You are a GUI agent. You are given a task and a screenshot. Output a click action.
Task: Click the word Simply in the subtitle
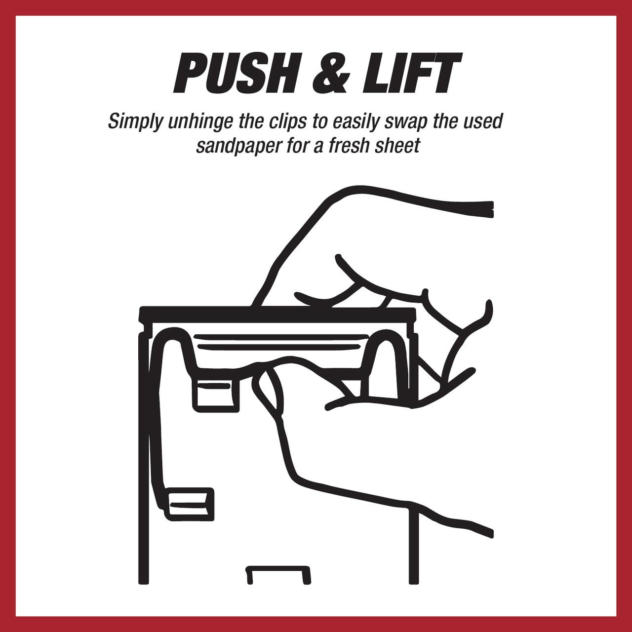[135, 122]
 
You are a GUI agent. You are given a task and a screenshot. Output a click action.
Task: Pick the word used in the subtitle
[484, 121]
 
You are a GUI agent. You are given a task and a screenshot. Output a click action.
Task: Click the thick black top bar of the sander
[277, 314]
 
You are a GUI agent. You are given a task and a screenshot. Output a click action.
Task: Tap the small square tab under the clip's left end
[216, 395]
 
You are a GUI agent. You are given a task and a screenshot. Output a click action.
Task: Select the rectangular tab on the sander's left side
[190, 504]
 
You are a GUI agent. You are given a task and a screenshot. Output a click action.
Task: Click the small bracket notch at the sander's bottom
[278, 578]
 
